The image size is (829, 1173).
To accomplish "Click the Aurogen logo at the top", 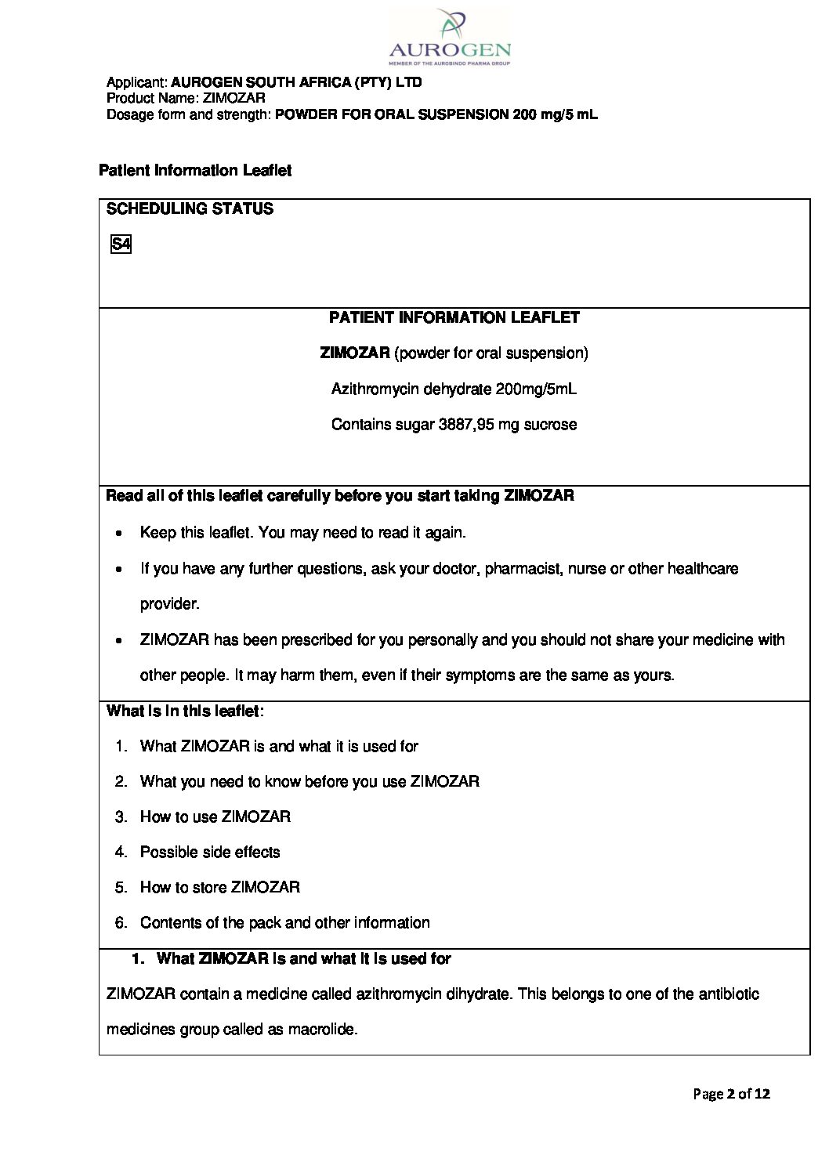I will tap(450, 35).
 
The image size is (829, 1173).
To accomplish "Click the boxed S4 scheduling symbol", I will tap(121, 244).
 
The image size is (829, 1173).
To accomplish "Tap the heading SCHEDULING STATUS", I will tap(190, 209).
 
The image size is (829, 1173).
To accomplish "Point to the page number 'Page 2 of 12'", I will tap(731, 1093).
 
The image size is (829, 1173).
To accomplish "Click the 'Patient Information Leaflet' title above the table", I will tap(195, 171).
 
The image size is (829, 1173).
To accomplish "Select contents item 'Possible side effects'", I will tap(209, 852).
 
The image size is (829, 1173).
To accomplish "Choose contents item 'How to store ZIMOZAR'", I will tap(219, 887).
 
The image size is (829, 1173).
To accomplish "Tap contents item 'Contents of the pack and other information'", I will tap(284, 922).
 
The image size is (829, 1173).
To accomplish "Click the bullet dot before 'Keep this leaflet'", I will tap(118, 534).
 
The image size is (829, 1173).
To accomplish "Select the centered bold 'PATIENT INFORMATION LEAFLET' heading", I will tap(454, 317).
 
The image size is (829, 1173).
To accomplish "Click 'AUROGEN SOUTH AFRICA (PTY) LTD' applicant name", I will tap(296, 82).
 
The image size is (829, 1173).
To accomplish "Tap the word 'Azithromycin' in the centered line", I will tap(375, 389).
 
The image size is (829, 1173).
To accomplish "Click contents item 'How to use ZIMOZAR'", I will tap(215, 816).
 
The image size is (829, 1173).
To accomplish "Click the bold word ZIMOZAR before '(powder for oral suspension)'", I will tap(355, 353).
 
